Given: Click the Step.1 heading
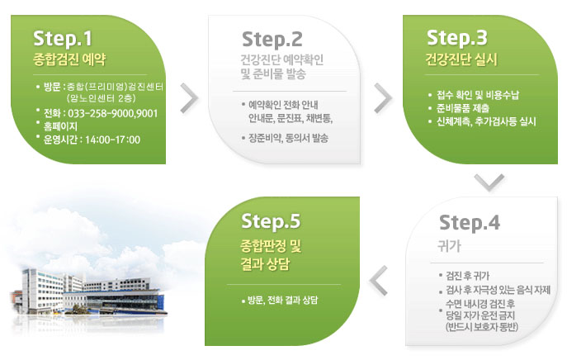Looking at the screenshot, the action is tap(63, 39).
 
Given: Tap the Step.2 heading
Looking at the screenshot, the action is tap(272, 40).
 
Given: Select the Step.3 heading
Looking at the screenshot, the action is tap(457, 38).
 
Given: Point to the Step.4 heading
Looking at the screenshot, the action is tap(470, 222).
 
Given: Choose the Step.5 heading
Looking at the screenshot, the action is tap(271, 221).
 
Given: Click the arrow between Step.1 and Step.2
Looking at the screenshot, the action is tap(190, 98).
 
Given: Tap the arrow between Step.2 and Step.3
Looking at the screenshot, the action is tap(383, 98).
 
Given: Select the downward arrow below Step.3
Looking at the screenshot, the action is tap(489, 182).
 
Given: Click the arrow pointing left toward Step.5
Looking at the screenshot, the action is tap(378, 281).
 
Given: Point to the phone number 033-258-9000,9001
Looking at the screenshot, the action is tap(113, 114).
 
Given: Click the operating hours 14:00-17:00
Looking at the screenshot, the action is tap(112, 140).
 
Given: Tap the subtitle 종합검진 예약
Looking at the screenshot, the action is tap(69, 59).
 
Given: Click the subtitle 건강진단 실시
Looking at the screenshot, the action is tap(461, 59).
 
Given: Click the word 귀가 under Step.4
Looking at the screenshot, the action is tap(450, 246).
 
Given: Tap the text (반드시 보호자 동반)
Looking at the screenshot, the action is tap(482, 327).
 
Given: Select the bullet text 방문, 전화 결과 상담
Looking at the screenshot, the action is tap(282, 300).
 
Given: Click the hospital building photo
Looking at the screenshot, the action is tap(89, 296).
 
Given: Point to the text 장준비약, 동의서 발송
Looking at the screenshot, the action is tap(288, 138).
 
